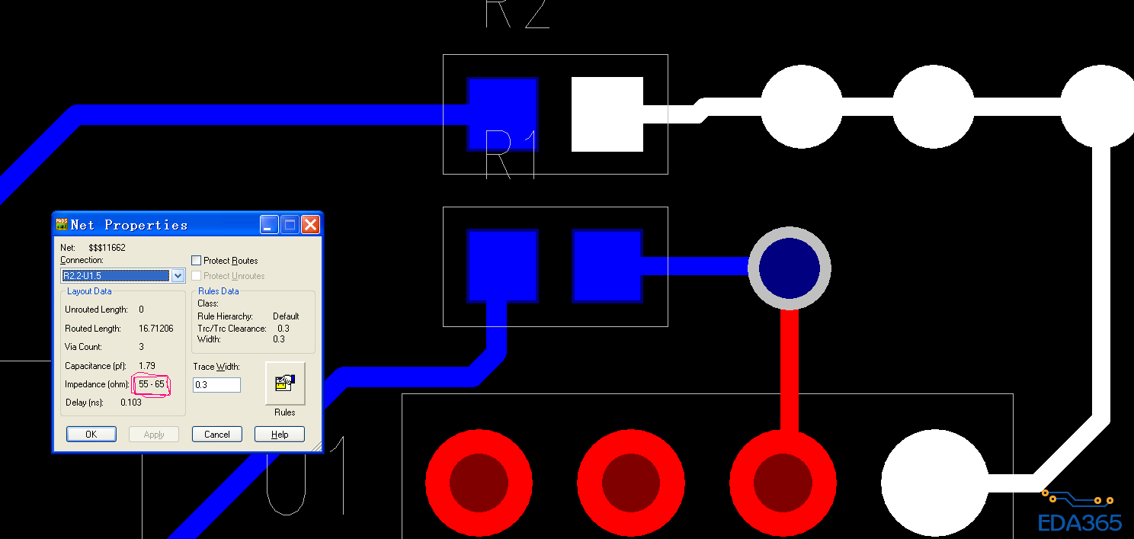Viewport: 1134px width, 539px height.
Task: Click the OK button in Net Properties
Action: [91, 434]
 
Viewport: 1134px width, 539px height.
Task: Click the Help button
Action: [279, 434]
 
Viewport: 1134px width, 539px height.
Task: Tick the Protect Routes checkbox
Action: [197, 261]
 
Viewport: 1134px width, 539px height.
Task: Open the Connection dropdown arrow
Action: [178, 275]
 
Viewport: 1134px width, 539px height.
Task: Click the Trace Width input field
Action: [216, 385]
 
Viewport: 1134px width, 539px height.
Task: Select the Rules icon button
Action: [285, 383]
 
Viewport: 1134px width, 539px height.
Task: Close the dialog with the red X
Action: [310, 225]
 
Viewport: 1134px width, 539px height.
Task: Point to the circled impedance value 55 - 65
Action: [151, 384]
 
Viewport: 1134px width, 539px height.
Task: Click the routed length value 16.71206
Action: [156, 329]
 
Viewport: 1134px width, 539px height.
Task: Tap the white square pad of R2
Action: [607, 114]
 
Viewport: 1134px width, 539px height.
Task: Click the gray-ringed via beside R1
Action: [790, 268]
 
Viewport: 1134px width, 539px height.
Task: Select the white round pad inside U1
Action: [934, 483]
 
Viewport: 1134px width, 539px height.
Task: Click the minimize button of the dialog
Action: [269, 225]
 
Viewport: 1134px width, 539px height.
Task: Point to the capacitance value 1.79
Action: [147, 366]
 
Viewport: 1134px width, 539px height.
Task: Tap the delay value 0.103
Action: [131, 403]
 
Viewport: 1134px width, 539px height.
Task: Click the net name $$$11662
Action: [107, 248]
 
